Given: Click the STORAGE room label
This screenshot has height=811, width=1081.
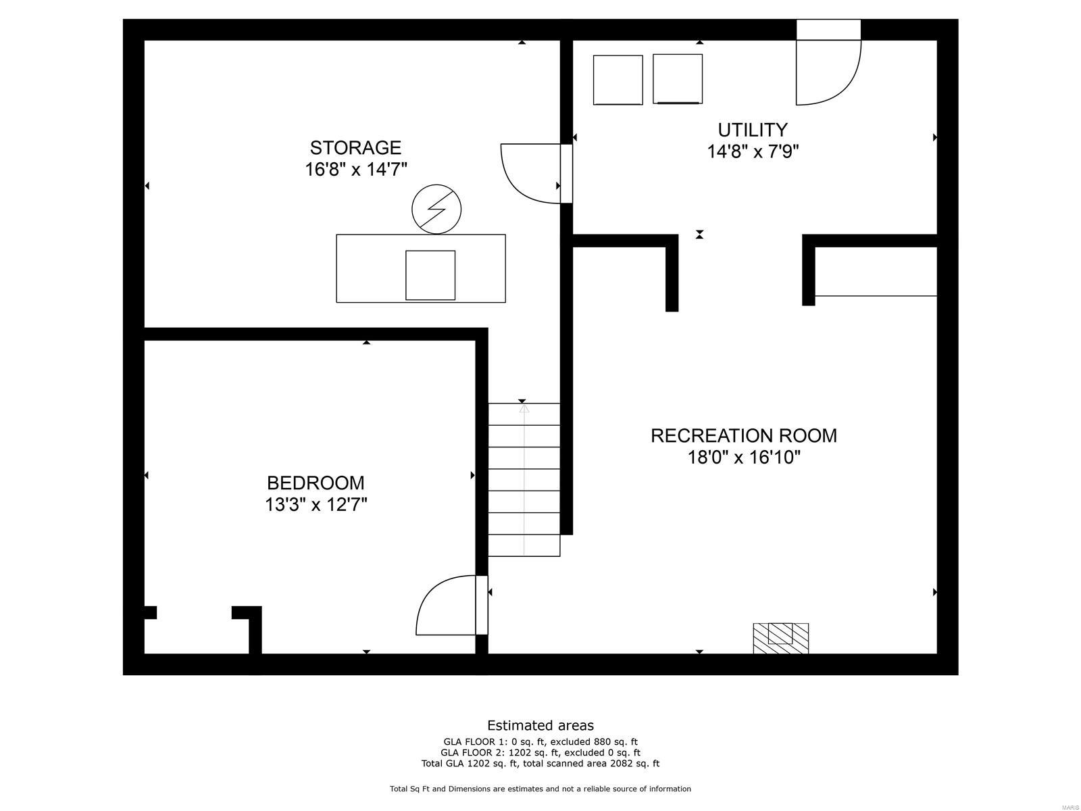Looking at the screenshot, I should (355, 147).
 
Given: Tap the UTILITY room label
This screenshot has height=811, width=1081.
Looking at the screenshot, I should (753, 129).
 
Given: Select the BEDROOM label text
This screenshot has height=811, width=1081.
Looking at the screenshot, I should (316, 483).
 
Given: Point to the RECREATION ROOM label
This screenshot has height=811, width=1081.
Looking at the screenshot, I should (743, 435).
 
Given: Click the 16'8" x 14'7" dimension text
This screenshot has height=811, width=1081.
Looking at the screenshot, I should (355, 169).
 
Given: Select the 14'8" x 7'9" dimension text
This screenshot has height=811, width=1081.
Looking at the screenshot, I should (753, 151).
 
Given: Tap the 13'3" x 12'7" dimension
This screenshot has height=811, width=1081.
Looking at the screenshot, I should (316, 505).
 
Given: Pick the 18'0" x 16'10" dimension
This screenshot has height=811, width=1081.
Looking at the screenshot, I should (743, 458).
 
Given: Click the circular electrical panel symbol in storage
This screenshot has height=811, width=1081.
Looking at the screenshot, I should (436, 208).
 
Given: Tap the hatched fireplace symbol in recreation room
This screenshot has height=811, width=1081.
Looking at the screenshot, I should (780, 638).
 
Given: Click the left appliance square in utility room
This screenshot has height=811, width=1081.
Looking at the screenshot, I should (618, 80).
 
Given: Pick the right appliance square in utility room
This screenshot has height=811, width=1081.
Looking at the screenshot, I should (678, 78).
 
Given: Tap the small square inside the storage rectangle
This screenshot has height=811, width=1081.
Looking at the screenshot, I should (430, 275).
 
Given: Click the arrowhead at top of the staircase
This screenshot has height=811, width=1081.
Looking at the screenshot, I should (524, 409).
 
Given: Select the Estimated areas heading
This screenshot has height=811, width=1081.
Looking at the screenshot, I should (540, 725).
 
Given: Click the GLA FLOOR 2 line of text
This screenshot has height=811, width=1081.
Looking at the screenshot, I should (540, 752).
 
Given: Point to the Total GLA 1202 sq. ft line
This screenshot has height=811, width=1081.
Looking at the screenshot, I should (540, 764).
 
